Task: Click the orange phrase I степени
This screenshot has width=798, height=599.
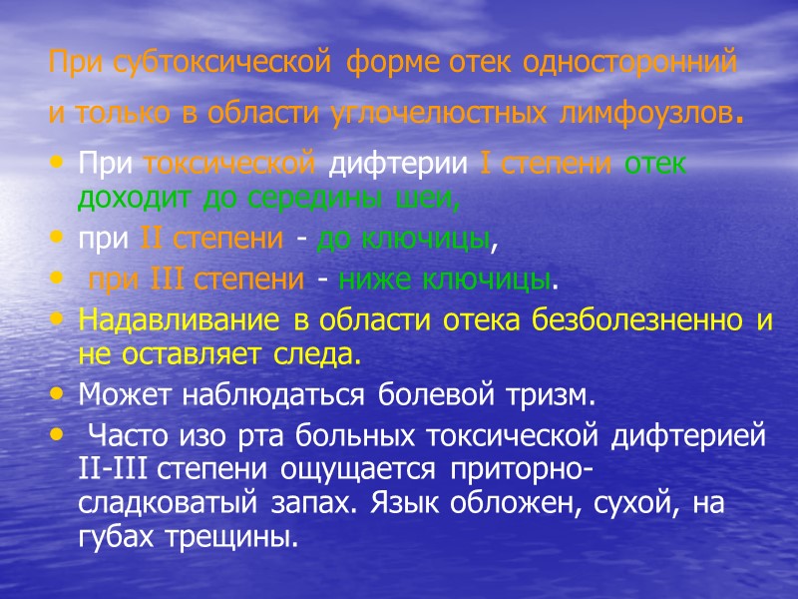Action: (550, 163)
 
